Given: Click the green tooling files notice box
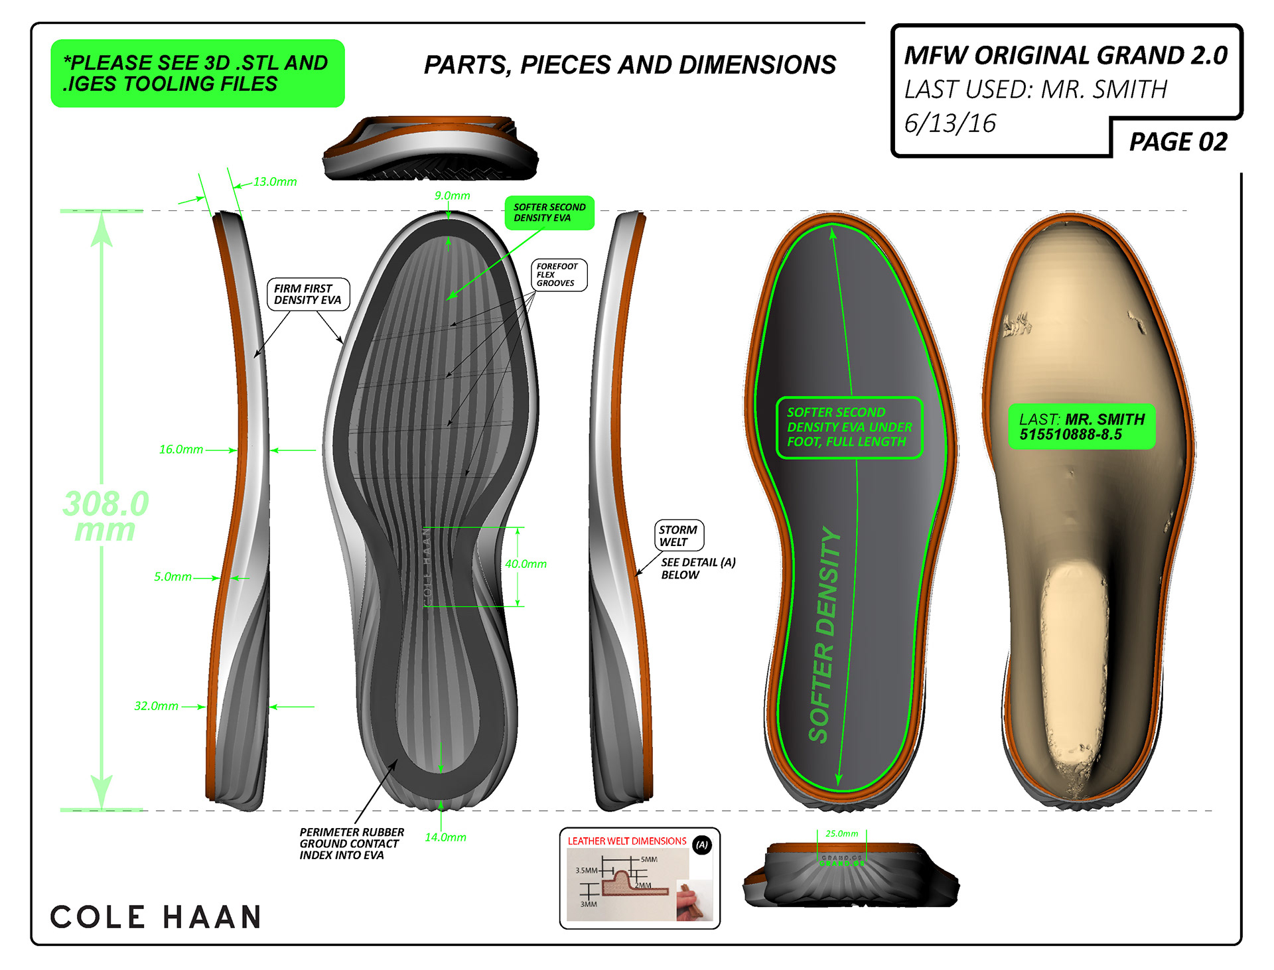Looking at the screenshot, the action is coord(197,73).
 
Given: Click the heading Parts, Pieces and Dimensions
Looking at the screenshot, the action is coord(630,65).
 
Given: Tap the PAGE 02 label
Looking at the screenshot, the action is coord(1178,142).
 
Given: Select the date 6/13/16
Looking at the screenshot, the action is coord(950,123).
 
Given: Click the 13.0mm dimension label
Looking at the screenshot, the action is coord(275,182).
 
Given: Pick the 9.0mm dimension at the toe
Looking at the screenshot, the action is coord(452,196).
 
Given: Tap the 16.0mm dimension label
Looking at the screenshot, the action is coord(180,449).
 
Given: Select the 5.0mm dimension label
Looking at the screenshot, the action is coord(173,577).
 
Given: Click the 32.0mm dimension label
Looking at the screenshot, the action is coord(156,706).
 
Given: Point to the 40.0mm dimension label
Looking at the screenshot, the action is coord(526,564).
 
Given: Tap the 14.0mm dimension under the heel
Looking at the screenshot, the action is coord(445,837).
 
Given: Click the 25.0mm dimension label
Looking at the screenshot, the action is coord(841,833).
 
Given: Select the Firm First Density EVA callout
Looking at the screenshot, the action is coord(307,294).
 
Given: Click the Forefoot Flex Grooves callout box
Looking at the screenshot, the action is coord(558,275).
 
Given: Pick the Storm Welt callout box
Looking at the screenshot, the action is coord(678,535).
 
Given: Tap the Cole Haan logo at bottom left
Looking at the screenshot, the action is coord(156,917).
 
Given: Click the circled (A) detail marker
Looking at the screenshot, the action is coord(702,845).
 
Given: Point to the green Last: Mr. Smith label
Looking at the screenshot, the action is coord(1082,427).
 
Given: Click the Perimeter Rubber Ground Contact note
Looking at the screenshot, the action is coord(351,843).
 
